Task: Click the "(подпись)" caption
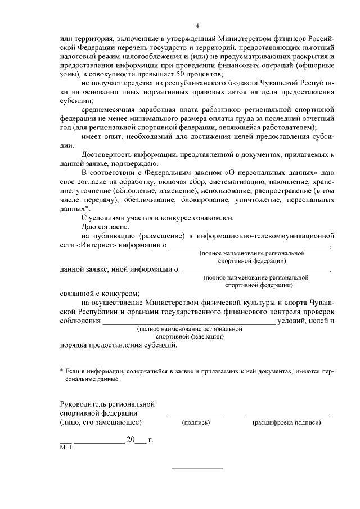(x=195, y=422)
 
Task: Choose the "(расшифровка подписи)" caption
(x=286, y=422)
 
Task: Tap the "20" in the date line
(x=130, y=440)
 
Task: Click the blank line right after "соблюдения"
(x=188, y=321)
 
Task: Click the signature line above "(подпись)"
(x=195, y=416)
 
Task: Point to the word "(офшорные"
(x=316, y=65)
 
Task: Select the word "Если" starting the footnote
(x=73, y=371)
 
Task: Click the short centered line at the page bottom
(x=197, y=468)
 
